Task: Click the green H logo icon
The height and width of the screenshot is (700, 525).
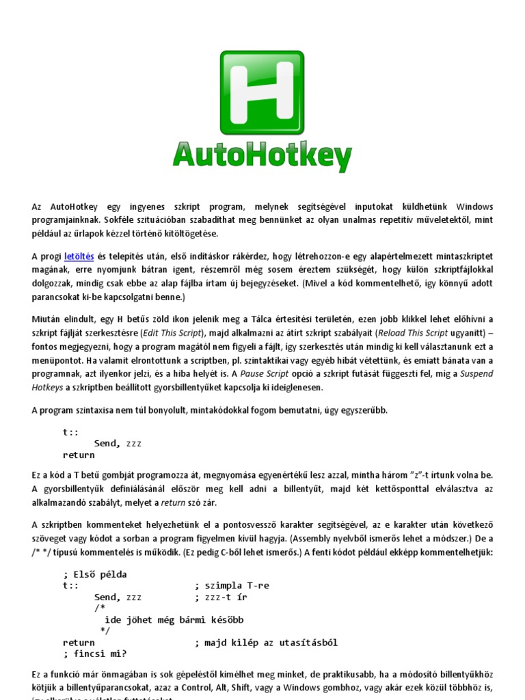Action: coord(262,92)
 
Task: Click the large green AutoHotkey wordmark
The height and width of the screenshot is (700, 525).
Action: coord(262,155)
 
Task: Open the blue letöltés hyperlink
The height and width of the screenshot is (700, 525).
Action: coord(77,256)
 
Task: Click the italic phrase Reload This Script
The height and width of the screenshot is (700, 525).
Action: coord(412,333)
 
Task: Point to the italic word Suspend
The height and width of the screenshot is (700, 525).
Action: coord(475,374)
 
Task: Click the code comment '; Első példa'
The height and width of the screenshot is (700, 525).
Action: coord(95,574)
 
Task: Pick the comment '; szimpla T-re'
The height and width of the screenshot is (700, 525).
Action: coord(232,586)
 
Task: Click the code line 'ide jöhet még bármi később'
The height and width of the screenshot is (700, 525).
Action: coord(174,620)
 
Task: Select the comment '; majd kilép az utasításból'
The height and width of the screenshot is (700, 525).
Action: coord(266,643)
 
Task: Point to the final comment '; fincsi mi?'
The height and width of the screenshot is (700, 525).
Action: coord(95,654)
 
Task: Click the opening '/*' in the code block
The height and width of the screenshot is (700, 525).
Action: coord(100,608)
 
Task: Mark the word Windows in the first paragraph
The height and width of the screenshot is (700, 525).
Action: coord(474,206)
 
